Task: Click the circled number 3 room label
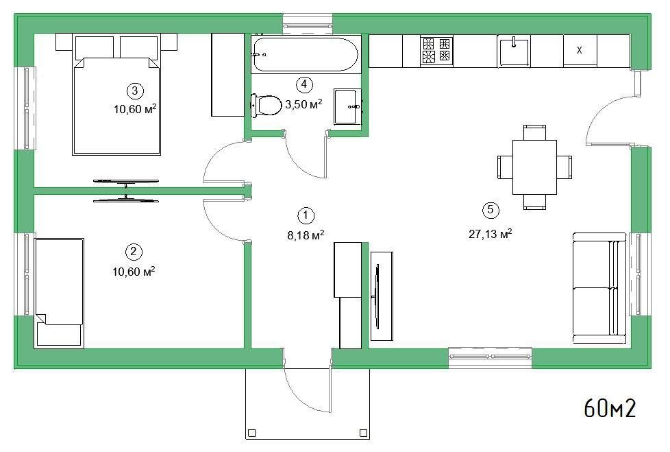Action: pos(135,91)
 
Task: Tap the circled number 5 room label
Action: pos(491,209)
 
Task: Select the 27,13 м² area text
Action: pos(491,234)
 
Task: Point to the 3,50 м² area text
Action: pos(303,104)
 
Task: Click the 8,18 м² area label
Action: pos(306,235)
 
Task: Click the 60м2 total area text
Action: pos(610,407)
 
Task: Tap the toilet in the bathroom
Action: pos(266,105)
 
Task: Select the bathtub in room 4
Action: pos(306,54)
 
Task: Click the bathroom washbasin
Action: pos(348,106)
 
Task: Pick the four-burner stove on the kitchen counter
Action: pos(436,50)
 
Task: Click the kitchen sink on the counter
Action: pos(514,51)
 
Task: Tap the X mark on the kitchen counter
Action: pos(580,50)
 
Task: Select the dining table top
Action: pos(534,167)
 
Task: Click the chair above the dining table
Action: pos(534,132)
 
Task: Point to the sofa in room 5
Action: pos(599,288)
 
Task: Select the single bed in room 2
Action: pos(59,293)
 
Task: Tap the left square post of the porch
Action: pos(251,433)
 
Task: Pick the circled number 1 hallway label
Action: pos(306,216)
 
